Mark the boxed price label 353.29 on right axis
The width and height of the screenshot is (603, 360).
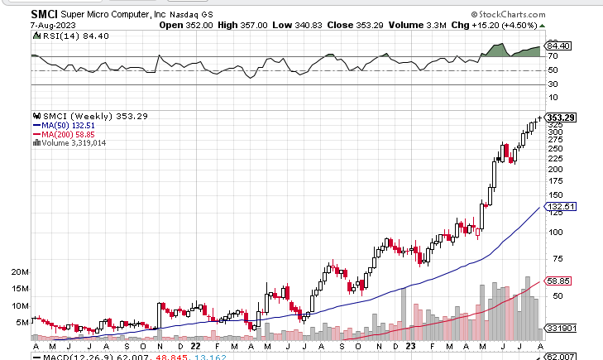click(x=561, y=118)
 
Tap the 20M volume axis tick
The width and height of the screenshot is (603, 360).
click(x=21, y=272)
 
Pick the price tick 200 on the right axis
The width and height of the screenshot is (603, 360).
click(x=555, y=169)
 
